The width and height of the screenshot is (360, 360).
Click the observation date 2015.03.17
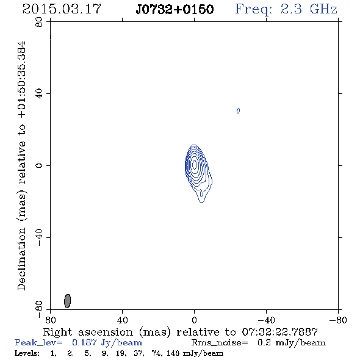(62, 9)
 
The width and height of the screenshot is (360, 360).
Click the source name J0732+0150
(175, 9)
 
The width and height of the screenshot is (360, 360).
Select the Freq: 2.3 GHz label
(286, 9)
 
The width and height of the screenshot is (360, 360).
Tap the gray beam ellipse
(67, 301)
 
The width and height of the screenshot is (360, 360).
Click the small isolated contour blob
(238, 111)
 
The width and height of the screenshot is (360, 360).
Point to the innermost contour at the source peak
(195, 164)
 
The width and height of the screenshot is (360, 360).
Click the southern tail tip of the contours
(201, 202)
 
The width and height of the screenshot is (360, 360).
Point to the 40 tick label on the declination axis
(39, 94)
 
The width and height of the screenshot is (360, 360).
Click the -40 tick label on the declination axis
(39, 237)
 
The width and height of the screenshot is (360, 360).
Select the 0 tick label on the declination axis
(39, 165)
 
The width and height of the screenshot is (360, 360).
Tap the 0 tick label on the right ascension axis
(194, 320)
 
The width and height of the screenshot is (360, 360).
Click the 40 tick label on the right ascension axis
(122, 320)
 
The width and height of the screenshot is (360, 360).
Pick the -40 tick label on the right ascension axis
(266, 320)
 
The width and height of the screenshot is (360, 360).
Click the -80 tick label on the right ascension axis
(338, 320)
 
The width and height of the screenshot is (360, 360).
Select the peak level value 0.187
(84, 342)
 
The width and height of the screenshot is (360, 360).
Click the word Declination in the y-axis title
(21, 259)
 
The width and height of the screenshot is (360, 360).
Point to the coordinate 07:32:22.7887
(280, 332)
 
